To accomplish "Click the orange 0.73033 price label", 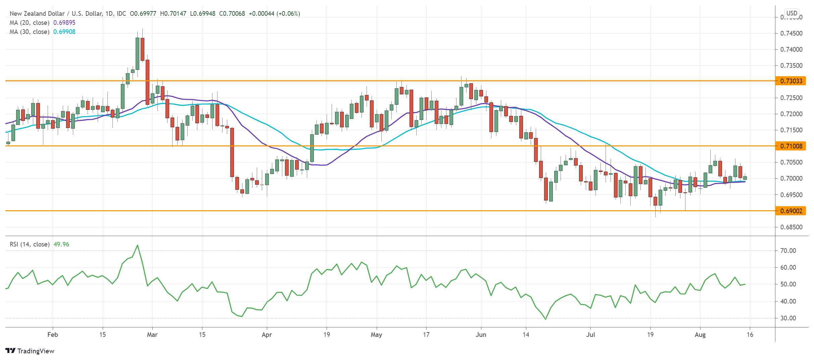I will pyautogui.click(x=791, y=81).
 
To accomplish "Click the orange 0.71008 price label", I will pyautogui.click(x=791, y=146).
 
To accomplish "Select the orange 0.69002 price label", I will pyautogui.click(x=791, y=211).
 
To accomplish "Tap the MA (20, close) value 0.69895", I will pyautogui.click(x=64, y=22).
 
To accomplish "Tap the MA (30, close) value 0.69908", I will pyautogui.click(x=64, y=32).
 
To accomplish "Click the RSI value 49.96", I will pyautogui.click(x=61, y=244).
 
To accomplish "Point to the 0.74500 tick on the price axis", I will pyautogui.click(x=791, y=33).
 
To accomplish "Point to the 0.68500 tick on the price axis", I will pyautogui.click(x=791, y=227).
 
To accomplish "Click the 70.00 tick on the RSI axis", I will pyautogui.click(x=788, y=251).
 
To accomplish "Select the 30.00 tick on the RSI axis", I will pyautogui.click(x=788, y=318).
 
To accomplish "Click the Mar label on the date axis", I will pyautogui.click(x=152, y=334).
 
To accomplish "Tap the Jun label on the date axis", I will pyautogui.click(x=481, y=334).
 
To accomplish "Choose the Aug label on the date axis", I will pyautogui.click(x=700, y=334).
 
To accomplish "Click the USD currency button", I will pyautogui.click(x=792, y=13).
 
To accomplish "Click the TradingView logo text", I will pyautogui.click(x=36, y=351).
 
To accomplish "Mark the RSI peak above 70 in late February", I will pyautogui.click(x=137, y=245).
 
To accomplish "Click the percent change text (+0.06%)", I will pyautogui.click(x=288, y=13).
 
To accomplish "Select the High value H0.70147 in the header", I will pyautogui.click(x=173, y=13).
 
